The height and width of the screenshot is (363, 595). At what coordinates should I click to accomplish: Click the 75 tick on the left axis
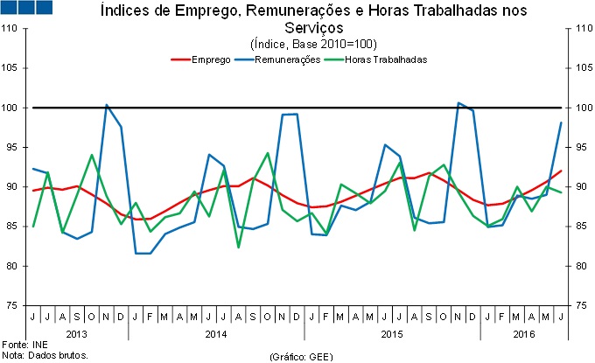(x=15, y=305)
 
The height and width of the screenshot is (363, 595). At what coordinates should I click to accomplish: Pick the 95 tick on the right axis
(x=579, y=147)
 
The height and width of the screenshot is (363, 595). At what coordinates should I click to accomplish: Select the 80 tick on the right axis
(x=579, y=266)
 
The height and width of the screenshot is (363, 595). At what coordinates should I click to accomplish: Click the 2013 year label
(x=77, y=333)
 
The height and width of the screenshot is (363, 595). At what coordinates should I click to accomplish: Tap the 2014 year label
(x=216, y=333)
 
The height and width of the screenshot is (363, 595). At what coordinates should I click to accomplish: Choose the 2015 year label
(x=392, y=333)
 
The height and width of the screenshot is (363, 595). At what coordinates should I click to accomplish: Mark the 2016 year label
(x=524, y=333)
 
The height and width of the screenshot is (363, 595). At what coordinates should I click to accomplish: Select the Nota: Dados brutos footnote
(x=45, y=355)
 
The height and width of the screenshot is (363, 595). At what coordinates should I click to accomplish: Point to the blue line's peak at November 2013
(x=106, y=105)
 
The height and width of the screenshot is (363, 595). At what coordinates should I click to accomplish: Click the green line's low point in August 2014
(x=238, y=248)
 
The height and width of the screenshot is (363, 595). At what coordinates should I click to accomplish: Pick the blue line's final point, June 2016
(x=561, y=122)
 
